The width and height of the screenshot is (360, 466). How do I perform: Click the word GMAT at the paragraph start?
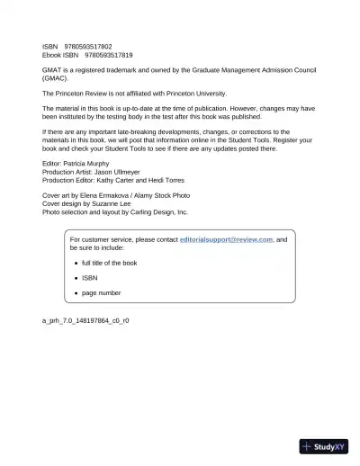point(52,69)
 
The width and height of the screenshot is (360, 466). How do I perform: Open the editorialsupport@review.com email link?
point(226,240)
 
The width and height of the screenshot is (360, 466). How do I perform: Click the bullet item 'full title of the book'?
point(109,263)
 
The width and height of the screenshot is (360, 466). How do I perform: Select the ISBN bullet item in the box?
point(89,278)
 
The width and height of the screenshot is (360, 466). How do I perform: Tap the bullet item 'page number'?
point(101,292)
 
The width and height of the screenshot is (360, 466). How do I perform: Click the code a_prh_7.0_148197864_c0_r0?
point(85,319)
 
